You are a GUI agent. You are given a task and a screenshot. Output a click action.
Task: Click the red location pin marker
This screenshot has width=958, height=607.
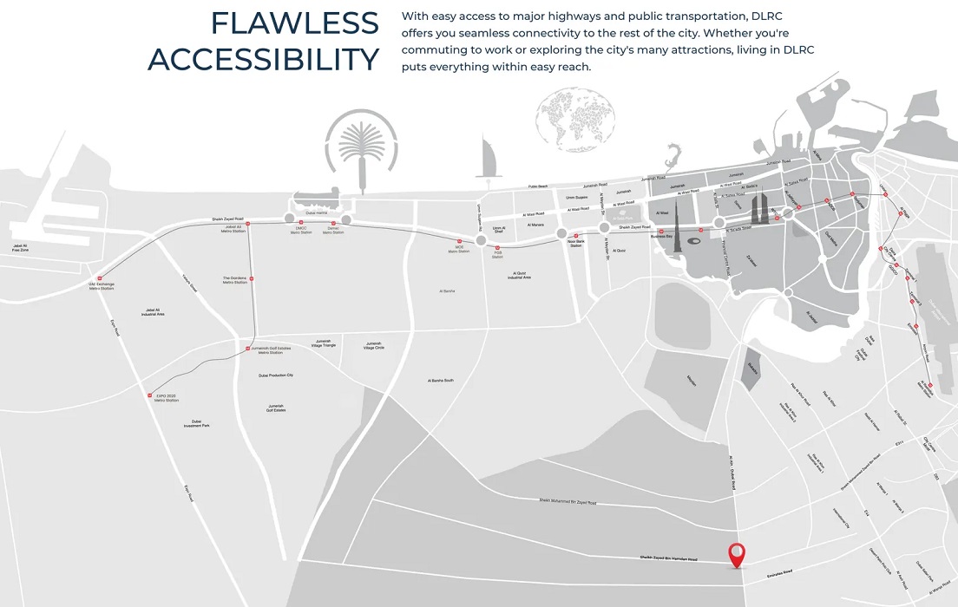click(737, 553)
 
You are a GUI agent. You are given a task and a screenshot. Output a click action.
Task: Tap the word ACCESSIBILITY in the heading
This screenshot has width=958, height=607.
click(264, 60)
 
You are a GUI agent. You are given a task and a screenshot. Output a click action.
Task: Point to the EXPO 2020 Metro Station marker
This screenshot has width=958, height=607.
click(150, 394)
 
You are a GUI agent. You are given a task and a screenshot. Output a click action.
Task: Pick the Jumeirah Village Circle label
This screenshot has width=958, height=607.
click(374, 344)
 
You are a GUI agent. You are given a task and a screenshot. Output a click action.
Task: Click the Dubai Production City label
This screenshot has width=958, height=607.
click(276, 375)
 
